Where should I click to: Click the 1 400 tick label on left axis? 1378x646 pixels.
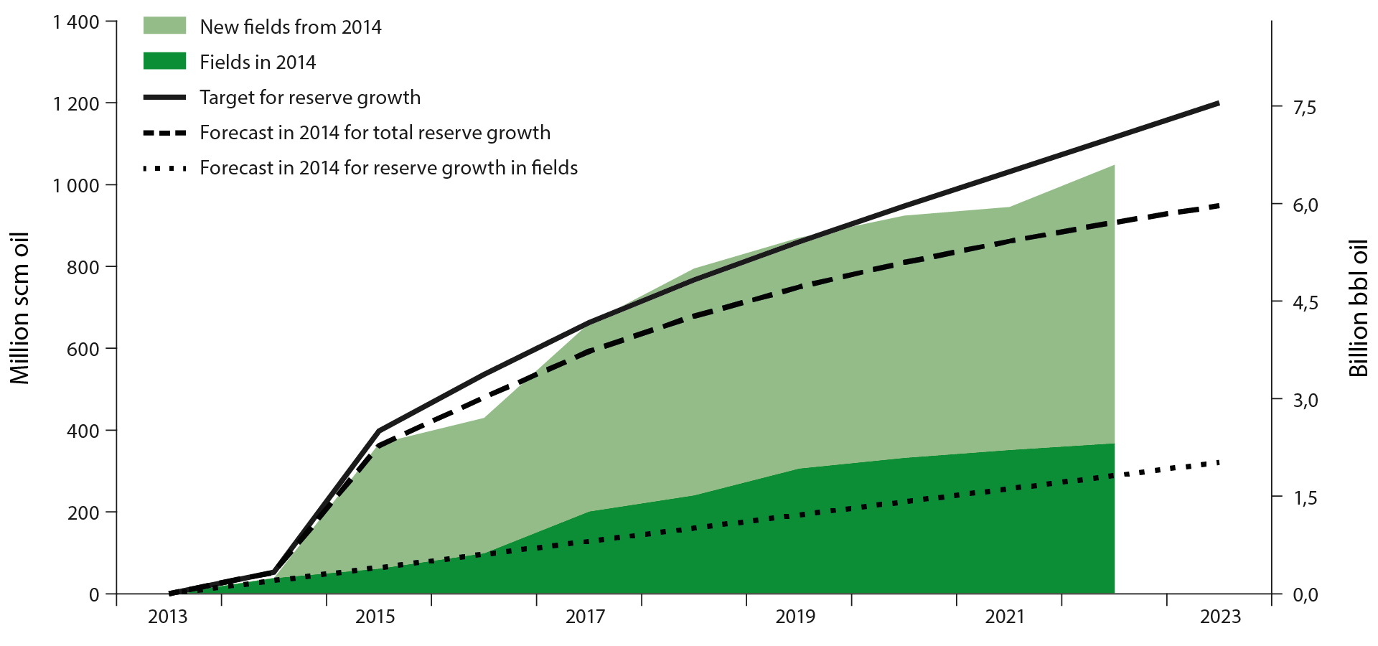[75, 22]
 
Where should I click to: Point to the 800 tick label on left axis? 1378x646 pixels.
[84, 267]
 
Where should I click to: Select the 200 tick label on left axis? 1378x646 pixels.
[84, 512]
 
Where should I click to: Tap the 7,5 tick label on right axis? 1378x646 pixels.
[1305, 107]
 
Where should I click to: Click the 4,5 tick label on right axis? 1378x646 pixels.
[1305, 302]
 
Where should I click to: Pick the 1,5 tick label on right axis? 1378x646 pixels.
[1305, 497]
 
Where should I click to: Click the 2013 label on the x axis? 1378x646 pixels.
[167, 617]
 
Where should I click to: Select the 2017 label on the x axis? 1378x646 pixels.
[585, 617]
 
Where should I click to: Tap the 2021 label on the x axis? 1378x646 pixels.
[1005, 617]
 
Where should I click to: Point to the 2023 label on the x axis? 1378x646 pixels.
[1220, 617]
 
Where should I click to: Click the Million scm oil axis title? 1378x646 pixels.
[20, 308]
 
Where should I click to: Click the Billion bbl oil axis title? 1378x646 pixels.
[1358, 308]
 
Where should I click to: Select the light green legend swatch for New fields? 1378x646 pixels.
[165, 26]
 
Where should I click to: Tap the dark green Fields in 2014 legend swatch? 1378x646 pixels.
[165, 61]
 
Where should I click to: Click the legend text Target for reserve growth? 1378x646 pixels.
[310, 97]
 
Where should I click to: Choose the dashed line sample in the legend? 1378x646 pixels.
[165, 133]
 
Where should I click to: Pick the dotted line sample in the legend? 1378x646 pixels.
[165, 169]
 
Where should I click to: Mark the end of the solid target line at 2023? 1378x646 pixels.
[1218, 103]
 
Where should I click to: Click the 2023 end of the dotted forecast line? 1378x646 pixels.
[1218, 463]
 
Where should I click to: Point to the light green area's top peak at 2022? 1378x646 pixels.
[1115, 165]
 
